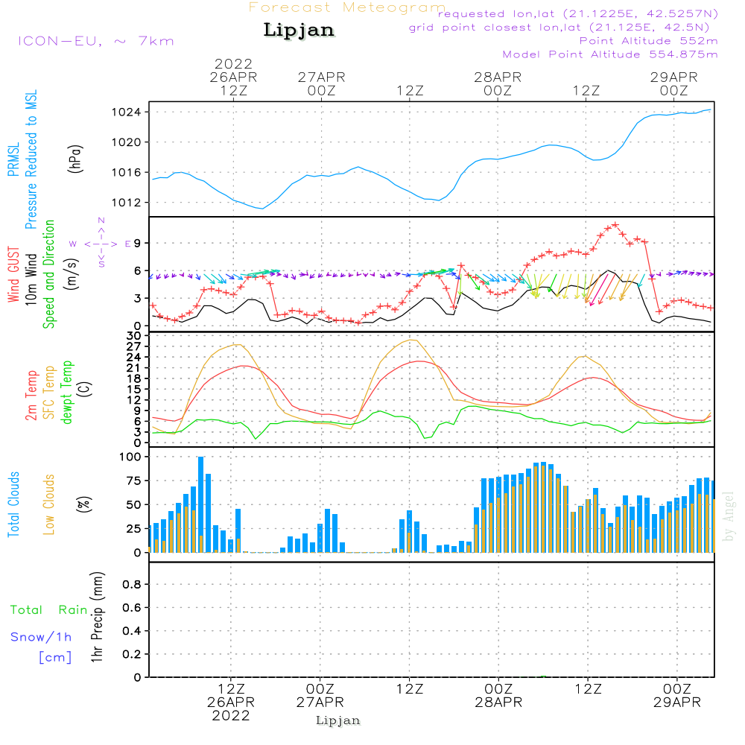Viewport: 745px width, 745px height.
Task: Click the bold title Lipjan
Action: point(299,31)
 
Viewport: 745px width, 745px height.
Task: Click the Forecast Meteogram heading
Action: point(346,7)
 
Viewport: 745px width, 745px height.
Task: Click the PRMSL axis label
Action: point(14,156)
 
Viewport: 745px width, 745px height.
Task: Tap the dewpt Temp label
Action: point(68,393)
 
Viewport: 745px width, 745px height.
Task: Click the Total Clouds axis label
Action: point(14,504)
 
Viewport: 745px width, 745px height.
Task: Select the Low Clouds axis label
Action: point(50,504)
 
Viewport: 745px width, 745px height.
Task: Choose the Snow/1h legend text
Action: point(42,638)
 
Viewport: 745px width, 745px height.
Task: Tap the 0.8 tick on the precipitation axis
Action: point(132,585)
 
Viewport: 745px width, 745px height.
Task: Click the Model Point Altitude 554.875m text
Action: point(610,54)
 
